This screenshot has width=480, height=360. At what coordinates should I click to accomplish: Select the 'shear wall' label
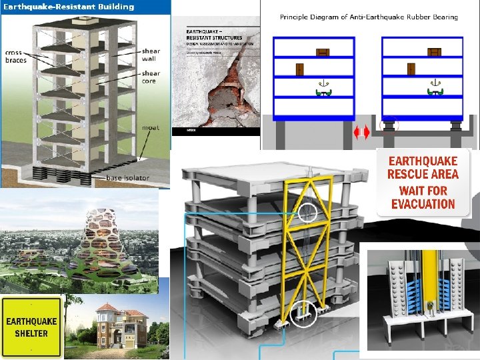click(151, 55)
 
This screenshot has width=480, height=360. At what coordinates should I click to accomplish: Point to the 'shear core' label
click(151, 77)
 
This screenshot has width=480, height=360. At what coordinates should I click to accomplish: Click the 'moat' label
click(149, 127)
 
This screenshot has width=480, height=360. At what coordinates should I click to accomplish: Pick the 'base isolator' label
click(128, 178)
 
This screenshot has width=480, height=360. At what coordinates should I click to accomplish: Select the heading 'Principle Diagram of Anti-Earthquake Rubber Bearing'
click(369, 17)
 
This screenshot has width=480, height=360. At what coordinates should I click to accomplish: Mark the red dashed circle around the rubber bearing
click(388, 125)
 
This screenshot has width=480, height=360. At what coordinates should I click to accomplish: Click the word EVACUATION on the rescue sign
click(423, 204)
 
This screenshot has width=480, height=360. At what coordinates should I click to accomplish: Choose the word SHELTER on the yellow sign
click(31, 333)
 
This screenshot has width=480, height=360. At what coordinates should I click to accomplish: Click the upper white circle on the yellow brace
click(307, 213)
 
